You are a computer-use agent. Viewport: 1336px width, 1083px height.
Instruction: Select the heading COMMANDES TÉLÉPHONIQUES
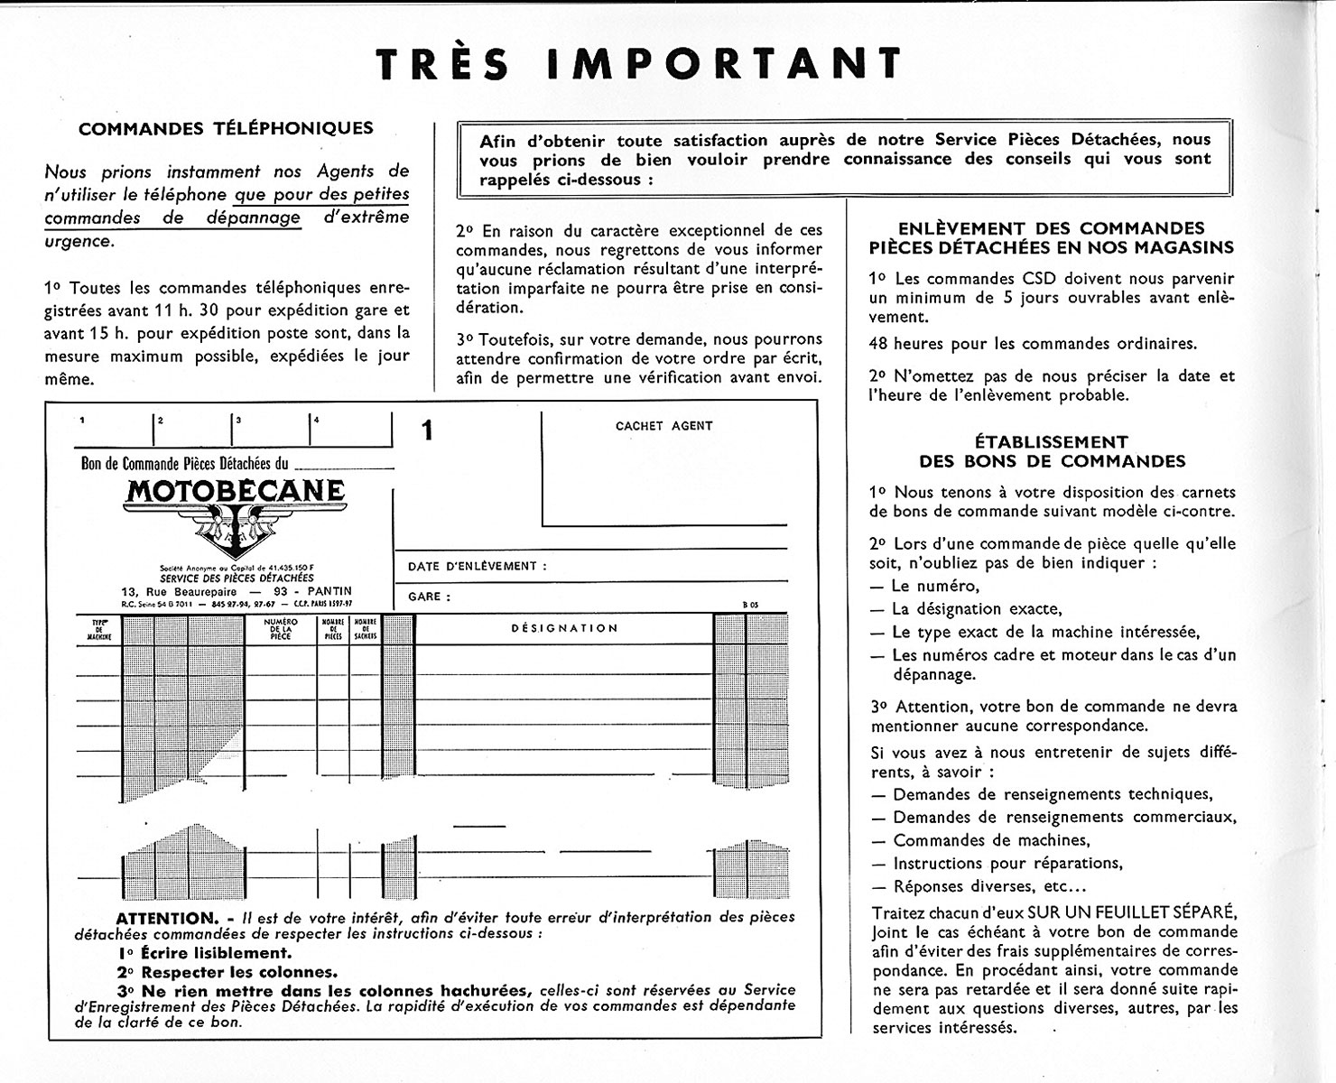[x=226, y=128]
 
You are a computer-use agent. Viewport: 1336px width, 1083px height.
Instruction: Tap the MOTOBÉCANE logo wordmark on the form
[x=236, y=491]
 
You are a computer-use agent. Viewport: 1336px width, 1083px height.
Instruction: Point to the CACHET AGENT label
[x=663, y=426]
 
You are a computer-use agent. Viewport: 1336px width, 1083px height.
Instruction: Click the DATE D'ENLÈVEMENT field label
[x=478, y=567]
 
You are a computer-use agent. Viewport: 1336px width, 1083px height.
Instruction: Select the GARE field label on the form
[x=429, y=597]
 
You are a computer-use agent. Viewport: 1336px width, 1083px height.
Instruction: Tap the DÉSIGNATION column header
[x=564, y=628]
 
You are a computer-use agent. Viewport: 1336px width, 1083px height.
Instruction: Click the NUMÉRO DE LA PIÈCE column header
[x=281, y=629]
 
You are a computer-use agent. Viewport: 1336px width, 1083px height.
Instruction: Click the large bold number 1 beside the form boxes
[x=427, y=431]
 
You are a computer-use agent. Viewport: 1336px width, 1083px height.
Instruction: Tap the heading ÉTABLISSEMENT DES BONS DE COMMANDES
[x=1052, y=451]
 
